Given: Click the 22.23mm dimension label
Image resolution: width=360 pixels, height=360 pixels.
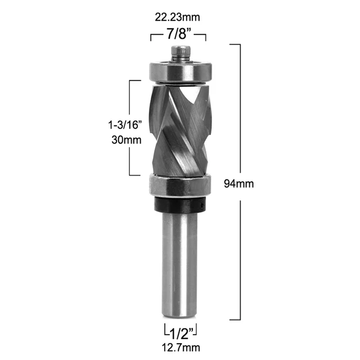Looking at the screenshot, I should coord(178,17).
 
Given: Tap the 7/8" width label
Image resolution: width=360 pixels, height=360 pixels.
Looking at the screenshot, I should coord(178,35).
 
